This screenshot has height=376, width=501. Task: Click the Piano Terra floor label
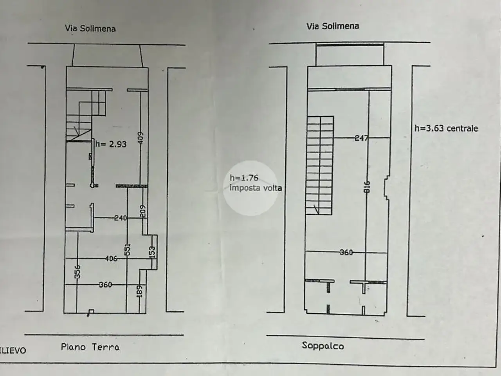click(90, 347)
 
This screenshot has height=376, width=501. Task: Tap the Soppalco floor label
click(323, 346)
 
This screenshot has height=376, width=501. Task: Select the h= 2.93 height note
click(111, 144)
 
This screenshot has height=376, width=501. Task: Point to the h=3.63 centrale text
click(446, 128)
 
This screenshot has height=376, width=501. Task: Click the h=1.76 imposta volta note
click(256, 183)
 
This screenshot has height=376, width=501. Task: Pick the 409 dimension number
click(141, 138)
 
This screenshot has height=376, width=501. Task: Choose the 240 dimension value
click(121, 218)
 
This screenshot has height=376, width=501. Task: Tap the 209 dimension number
click(142, 211)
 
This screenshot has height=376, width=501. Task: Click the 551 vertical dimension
click(128, 250)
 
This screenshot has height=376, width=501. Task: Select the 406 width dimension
click(111, 258)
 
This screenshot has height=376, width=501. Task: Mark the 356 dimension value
click(77, 272)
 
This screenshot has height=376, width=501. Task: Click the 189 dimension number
click(139, 291)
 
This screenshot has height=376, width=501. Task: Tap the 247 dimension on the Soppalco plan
click(361, 138)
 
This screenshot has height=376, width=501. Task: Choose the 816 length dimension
click(367, 187)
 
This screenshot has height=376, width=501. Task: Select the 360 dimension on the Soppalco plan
click(346, 252)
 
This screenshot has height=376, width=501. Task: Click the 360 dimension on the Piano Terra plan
click(105, 285)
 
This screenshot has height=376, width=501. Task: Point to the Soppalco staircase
click(319, 166)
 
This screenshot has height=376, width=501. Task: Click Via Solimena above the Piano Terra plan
click(90, 29)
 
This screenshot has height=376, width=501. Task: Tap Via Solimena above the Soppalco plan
click(333, 26)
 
